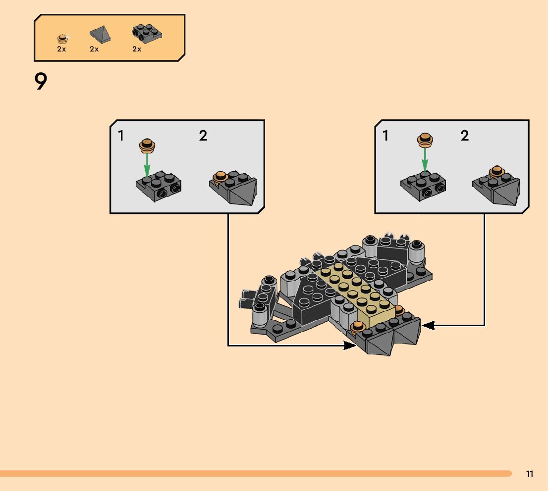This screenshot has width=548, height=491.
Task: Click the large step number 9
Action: click(x=41, y=81)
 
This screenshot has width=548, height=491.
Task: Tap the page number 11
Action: click(x=530, y=474)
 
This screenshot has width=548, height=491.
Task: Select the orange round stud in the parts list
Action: click(x=62, y=38)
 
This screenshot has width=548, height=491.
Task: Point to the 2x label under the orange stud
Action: click(x=61, y=49)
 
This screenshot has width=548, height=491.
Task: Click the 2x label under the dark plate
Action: click(x=137, y=49)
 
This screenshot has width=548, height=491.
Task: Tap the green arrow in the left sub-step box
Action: click(x=147, y=164)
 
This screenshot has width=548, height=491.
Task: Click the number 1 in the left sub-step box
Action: click(x=121, y=136)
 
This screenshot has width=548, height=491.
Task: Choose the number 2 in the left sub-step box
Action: click(x=203, y=136)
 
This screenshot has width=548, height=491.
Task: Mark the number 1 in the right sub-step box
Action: click(x=385, y=136)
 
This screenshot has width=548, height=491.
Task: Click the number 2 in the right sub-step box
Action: click(x=464, y=136)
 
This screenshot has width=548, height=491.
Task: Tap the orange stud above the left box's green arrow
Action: click(x=147, y=145)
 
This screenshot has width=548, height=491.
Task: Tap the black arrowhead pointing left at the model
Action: click(x=428, y=325)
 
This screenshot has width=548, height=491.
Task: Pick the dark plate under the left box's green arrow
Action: click(x=159, y=187)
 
